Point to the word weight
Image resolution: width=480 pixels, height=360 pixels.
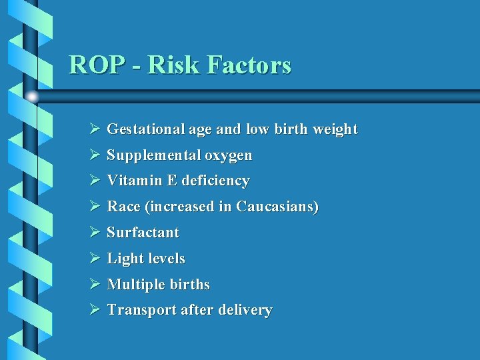[335, 129]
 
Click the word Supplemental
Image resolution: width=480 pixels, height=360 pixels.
[153, 155]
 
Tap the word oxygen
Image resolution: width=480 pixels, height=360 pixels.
[229, 155]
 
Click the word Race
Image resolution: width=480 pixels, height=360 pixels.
[123, 207]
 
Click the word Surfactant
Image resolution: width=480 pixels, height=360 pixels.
[143, 233]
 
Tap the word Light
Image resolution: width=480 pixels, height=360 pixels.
[124, 259]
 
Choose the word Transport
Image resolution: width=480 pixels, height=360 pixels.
[139, 310]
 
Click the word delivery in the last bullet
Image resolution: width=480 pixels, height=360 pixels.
[245, 310]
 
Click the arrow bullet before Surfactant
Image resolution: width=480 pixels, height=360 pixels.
[94, 233]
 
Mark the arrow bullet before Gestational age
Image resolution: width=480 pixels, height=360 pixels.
[94, 129]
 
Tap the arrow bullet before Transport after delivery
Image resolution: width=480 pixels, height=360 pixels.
[94, 310]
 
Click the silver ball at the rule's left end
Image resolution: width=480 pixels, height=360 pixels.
[31, 97]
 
